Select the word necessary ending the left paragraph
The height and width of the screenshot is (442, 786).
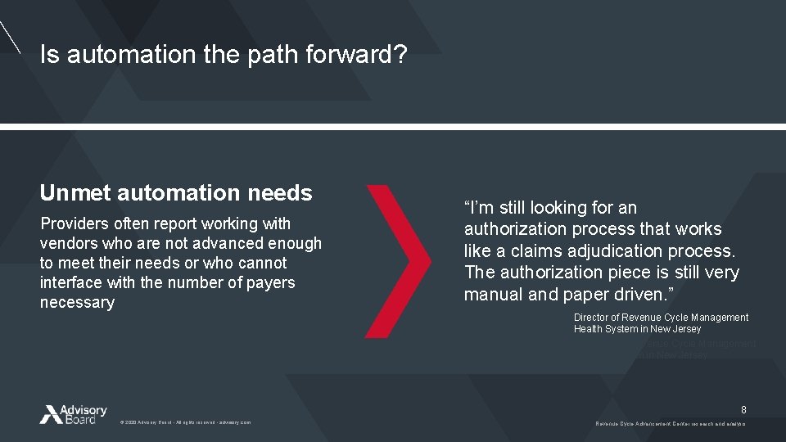77,303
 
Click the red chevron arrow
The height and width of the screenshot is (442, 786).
399,261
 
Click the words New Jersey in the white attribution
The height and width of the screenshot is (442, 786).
675,329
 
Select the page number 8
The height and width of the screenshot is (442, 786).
743,409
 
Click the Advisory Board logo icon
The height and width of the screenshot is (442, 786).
50,414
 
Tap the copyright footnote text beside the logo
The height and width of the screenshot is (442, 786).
185,422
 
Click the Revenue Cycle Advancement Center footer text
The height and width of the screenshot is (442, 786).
670,422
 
